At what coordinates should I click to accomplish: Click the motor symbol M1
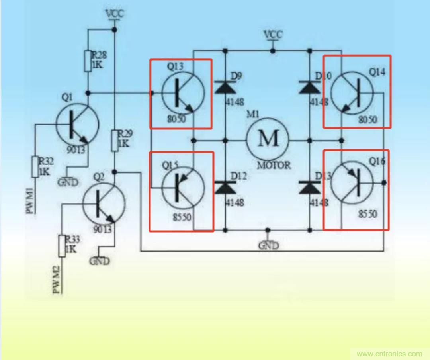coord(268,139)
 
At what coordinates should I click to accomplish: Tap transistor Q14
coord(352,94)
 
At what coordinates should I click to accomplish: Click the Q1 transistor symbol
coord(77,124)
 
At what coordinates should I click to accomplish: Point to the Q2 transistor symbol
coord(104,204)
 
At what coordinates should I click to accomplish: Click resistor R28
coord(88,61)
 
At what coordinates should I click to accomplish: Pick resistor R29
coord(115,141)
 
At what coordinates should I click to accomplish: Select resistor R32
coord(35,166)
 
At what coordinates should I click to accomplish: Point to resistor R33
coord(62,246)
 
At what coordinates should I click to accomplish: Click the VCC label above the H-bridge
coord(273,35)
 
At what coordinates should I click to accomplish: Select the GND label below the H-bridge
coord(268,245)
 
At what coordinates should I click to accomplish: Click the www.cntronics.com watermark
coord(389,354)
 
